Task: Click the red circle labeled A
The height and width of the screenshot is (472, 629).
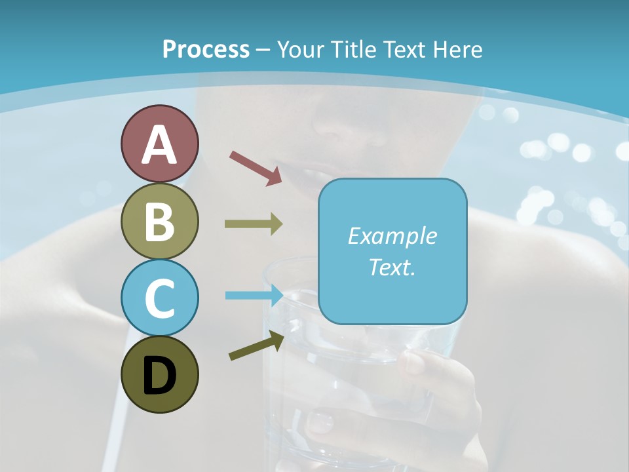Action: [159, 144]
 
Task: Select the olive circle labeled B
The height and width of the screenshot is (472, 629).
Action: [159, 222]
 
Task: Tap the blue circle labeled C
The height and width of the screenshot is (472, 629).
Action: [159, 298]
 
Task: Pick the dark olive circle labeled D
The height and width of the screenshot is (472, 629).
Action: [159, 374]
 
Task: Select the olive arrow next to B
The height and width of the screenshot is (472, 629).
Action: [253, 224]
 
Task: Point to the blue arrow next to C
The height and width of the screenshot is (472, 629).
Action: [253, 295]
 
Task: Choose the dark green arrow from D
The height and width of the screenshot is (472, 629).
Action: [256, 345]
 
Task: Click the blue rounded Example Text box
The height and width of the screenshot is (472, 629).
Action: [392, 251]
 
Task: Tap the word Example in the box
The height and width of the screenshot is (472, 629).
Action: [392, 236]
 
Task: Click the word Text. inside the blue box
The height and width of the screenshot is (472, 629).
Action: [392, 267]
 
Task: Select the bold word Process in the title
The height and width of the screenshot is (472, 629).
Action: [206, 49]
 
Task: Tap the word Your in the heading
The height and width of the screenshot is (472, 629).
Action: [299, 49]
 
